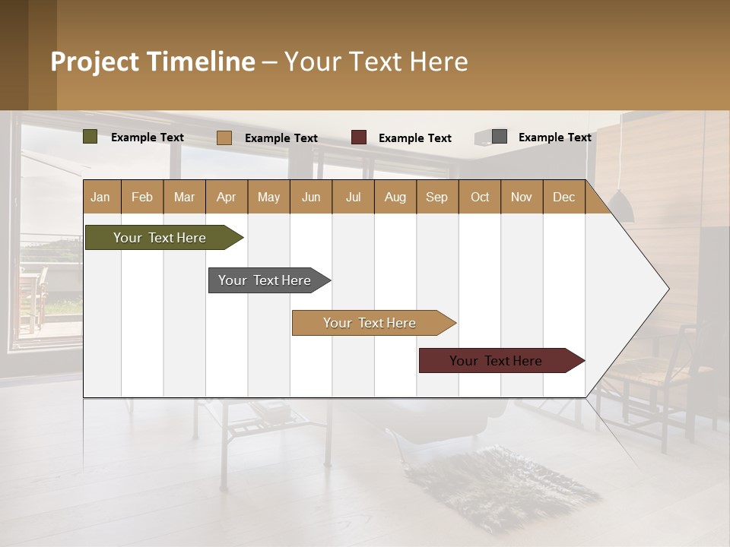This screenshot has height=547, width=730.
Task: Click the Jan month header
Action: (x=101, y=197)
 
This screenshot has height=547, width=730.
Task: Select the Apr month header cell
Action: (x=227, y=197)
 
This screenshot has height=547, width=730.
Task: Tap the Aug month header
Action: (x=395, y=197)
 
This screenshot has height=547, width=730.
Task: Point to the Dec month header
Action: (x=563, y=197)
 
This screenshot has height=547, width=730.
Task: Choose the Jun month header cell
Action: (x=311, y=197)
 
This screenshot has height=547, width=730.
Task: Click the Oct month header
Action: (x=480, y=197)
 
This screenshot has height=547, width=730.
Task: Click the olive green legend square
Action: (x=90, y=137)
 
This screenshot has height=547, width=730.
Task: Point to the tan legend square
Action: (x=224, y=138)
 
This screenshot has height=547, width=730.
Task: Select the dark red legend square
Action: (x=359, y=138)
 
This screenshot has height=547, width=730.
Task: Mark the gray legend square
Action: (x=499, y=137)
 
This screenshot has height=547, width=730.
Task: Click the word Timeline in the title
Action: (x=201, y=62)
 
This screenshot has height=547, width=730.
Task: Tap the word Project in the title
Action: (x=94, y=62)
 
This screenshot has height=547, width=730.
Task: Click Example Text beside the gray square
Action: (x=554, y=138)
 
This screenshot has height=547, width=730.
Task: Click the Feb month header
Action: (x=142, y=197)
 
